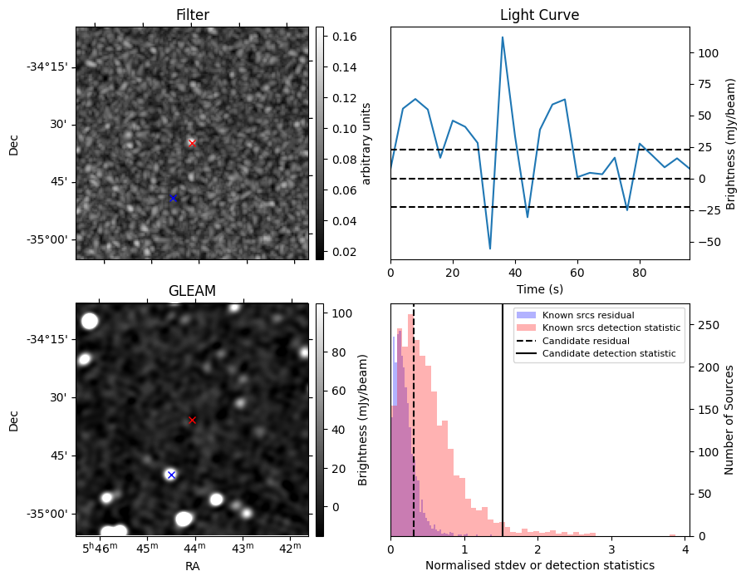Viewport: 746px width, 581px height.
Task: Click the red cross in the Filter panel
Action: coord(192,143)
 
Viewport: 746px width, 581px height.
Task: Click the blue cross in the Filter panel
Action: coord(173,198)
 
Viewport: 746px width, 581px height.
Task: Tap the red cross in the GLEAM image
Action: coord(192,421)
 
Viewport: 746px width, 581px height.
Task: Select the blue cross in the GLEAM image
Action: coord(172,475)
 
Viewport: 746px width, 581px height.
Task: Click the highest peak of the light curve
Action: coord(503,37)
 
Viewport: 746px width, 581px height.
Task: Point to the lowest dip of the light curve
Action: coord(490,249)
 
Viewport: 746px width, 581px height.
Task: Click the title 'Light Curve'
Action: coord(539,15)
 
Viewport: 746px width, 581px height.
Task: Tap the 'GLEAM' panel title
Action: coord(192,291)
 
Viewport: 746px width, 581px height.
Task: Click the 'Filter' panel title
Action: coord(192,15)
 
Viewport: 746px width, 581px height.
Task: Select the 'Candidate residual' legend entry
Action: coord(586,341)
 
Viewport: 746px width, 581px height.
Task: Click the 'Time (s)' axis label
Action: coord(539,289)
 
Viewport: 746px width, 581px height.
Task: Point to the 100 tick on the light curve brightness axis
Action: coord(708,53)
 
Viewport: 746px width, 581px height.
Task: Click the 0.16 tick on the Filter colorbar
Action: coord(344,37)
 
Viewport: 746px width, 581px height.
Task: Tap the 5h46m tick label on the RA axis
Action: coord(100,548)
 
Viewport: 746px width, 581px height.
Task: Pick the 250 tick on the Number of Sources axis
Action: coord(709,326)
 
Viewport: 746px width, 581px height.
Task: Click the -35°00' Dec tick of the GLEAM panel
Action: coord(48,514)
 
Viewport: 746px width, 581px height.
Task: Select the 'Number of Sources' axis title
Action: coord(729,421)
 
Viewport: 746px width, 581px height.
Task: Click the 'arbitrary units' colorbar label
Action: coord(366,144)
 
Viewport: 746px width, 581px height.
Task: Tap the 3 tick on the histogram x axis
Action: coord(611,550)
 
